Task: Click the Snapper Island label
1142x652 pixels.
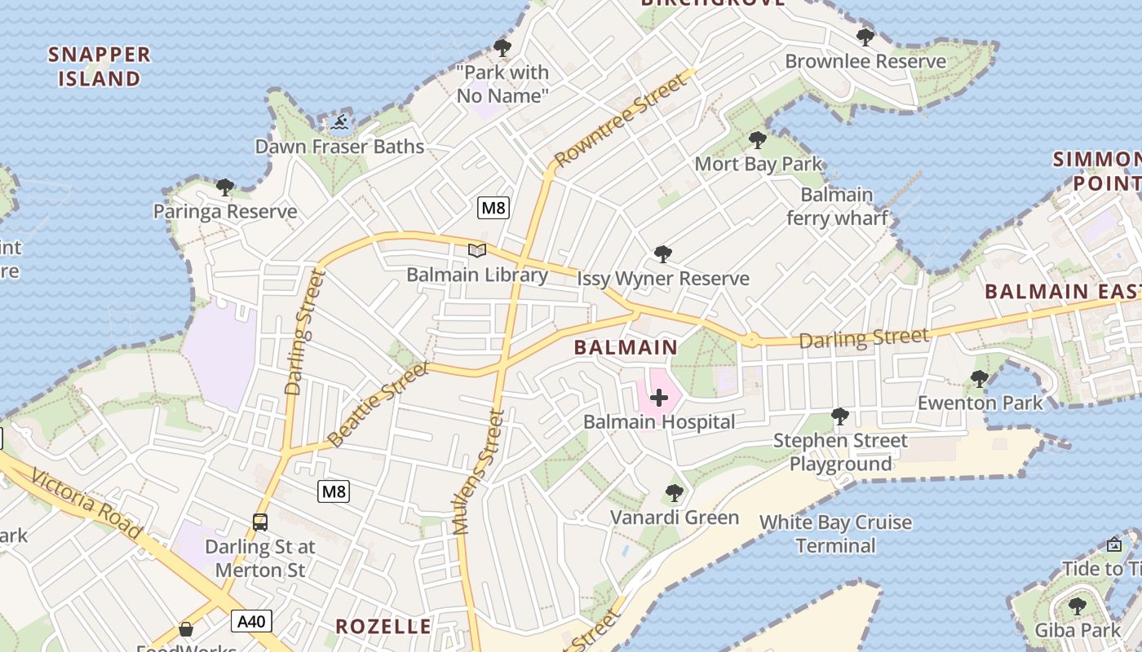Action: point(100,67)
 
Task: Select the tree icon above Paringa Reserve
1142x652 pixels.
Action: point(225,187)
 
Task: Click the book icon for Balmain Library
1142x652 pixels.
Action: point(477,251)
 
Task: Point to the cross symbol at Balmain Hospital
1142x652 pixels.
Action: point(659,398)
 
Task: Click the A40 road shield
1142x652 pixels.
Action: point(250,622)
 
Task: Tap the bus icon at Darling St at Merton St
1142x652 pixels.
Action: point(260,522)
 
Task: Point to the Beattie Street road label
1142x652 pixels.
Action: point(378,405)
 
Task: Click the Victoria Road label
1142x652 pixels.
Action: point(88,504)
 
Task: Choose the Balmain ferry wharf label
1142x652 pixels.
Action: point(837,207)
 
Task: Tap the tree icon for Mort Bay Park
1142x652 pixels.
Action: point(758,140)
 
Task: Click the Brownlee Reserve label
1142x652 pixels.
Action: point(865,61)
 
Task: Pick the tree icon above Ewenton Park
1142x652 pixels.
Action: point(980,378)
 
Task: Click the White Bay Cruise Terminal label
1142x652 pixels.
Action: point(835,534)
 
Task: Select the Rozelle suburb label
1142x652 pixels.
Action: point(383,627)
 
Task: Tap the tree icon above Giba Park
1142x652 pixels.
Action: point(1078,606)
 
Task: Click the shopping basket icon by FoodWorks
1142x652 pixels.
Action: point(186,628)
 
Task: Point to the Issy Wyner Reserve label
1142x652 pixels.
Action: point(662,279)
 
